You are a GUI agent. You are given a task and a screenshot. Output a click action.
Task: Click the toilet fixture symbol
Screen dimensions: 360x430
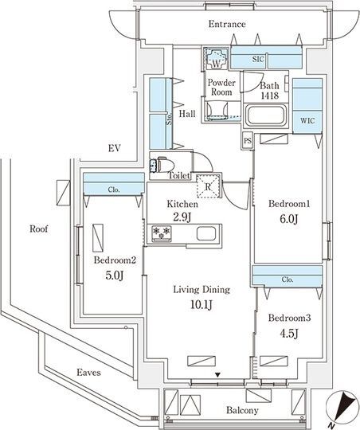click(162, 165)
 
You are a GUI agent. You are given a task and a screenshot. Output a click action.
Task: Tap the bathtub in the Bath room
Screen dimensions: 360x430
click(265, 115)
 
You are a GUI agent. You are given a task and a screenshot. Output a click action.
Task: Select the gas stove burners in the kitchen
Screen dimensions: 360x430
click(162, 233)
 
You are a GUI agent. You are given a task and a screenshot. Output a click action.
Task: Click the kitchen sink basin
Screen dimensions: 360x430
click(206, 234)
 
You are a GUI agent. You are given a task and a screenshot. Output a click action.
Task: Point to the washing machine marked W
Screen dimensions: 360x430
click(216, 58)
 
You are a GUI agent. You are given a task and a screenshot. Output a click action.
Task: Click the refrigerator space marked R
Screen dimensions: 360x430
click(209, 186)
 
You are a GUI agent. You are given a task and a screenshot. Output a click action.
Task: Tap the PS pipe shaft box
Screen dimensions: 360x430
click(248, 141)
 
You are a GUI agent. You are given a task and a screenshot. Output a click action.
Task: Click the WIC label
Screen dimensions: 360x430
click(307, 120)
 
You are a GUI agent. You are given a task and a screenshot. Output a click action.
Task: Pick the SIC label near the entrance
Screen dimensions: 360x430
click(258, 59)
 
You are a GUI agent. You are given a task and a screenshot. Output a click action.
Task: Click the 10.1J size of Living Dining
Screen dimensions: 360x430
click(202, 304)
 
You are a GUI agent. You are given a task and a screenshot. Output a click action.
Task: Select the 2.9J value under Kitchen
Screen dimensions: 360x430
click(182, 217)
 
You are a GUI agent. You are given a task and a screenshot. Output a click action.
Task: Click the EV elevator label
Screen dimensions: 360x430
click(114, 148)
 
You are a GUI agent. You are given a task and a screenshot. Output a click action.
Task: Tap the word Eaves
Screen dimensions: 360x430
click(88, 373)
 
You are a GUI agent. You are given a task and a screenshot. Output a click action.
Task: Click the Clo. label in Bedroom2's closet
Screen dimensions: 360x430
click(114, 190)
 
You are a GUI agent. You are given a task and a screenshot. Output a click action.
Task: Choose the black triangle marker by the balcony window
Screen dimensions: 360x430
click(217, 374)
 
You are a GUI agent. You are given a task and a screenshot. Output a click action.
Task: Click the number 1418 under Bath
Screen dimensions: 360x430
click(270, 96)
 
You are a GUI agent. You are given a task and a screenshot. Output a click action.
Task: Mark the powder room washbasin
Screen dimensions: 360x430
click(217, 110)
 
